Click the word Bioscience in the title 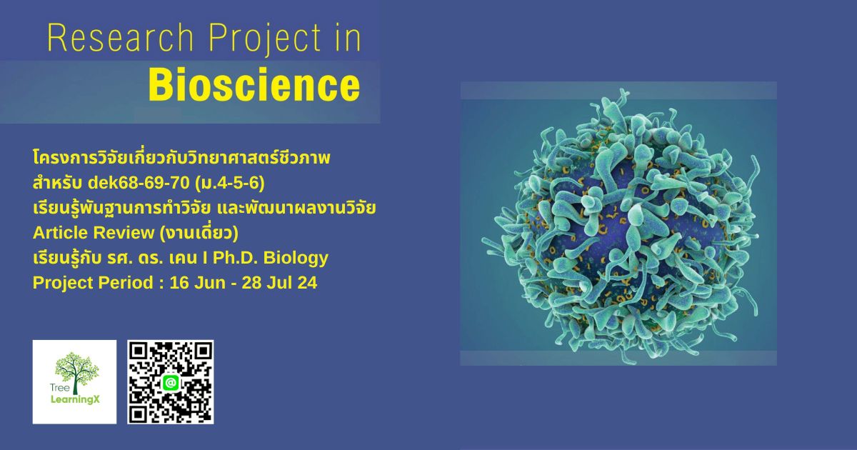coord(254,87)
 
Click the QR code coord(171,382)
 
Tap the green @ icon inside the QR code coord(171,383)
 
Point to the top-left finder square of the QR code coord(140,352)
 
